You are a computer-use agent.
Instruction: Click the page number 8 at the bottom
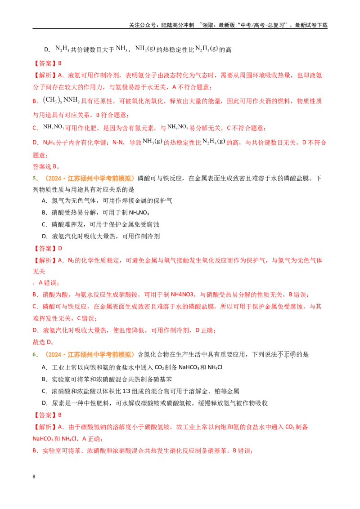click(x=34, y=477)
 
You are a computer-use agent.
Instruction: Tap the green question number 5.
click(x=35, y=179)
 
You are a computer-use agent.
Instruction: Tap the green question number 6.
click(x=35, y=354)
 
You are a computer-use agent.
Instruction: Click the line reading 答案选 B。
click(x=46, y=166)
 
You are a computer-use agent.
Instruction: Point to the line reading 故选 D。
click(x=43, y=342)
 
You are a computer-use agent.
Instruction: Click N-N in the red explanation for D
click(x=117, y=143)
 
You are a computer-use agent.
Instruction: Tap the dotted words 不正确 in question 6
click(x=286, y=355)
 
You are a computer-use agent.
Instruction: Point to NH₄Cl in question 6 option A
click(x=215, y=367)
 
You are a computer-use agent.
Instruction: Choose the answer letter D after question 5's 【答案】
click(x=60, y=248)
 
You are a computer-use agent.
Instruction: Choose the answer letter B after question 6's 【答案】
click(x=60, y=415)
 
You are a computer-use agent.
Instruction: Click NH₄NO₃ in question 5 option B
click(x=139, y=213)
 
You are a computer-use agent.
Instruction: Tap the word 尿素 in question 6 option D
click(x=58, y=403)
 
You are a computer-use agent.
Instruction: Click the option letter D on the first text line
click(x=47, y=49)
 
